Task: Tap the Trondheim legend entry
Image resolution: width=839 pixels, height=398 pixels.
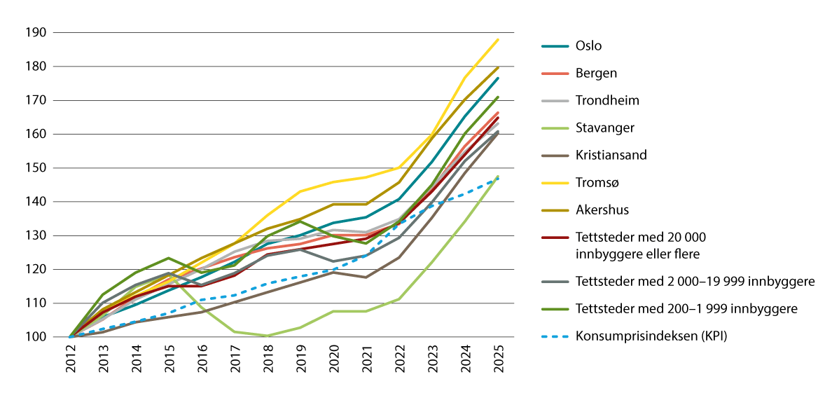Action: (607, 101)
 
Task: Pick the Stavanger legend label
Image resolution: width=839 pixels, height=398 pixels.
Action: (604, 128)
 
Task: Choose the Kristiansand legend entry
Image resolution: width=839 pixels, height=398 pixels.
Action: (611, 156)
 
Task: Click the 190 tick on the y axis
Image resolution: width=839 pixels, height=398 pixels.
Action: (36, 33)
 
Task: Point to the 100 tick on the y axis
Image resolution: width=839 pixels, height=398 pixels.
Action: (36, 337)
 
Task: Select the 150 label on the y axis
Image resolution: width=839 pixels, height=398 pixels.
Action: (36, 168)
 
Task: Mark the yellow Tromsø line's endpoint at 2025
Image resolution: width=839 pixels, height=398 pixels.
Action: (498, 39)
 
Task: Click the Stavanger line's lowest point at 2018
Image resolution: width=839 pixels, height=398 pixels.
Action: (268, 336)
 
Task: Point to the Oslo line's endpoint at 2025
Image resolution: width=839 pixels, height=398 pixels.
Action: (498, 78)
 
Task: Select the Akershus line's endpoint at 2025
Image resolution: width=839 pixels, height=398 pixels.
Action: (498, 67)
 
